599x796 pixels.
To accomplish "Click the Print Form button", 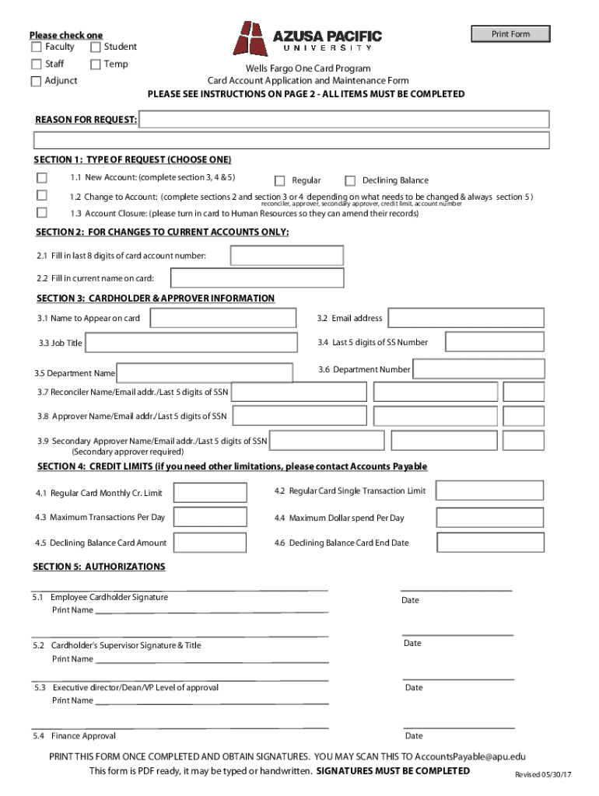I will point(510,34).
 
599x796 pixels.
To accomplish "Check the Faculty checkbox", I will point(37,47).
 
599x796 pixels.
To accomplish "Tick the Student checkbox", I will point(96,47).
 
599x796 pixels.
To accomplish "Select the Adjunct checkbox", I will point(37,82).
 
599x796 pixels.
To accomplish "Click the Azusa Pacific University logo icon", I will point(250,39).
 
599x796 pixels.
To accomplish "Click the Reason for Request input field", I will point(345,120).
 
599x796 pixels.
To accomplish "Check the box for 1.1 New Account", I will point(42,178).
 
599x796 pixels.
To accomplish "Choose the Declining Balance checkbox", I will point(350,181).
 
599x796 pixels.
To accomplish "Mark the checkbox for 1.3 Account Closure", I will point(42,212).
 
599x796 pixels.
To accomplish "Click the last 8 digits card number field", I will point(286,256).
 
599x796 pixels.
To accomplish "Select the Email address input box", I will point(466,319).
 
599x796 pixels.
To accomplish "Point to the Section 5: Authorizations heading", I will point(99,567).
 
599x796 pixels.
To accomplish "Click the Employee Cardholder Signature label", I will point(109,598).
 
